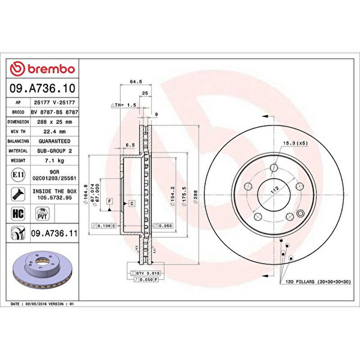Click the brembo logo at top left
(x=42, y=70)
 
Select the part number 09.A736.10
(x=42, y=88)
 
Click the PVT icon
(x=43, y=213)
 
